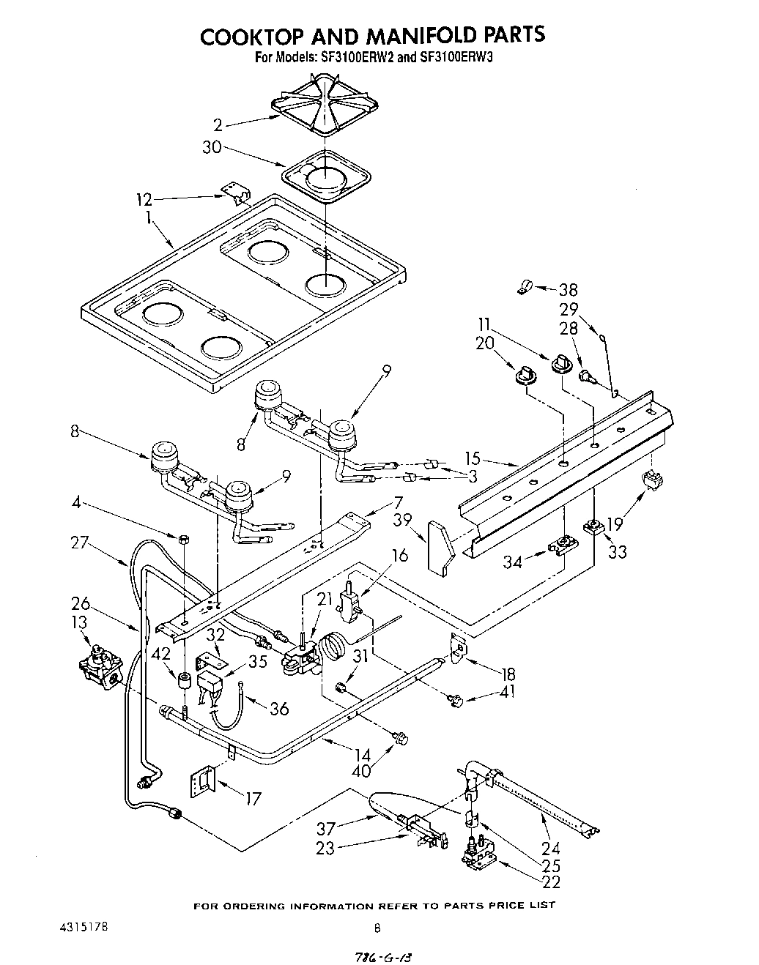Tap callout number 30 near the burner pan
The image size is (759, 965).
(212, 147)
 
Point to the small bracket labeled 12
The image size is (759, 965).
(236, 191)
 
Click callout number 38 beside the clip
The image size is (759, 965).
(568, 289)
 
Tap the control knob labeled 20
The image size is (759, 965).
(525, 374)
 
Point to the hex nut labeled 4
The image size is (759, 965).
(184, 539)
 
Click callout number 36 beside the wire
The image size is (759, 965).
(278, 708)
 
